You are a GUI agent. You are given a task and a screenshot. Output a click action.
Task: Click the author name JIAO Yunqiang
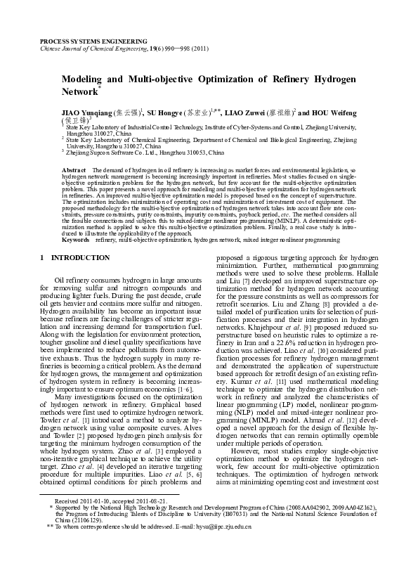(x=85, y=112)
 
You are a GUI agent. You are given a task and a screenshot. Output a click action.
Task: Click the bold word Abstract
(x=74, y=171)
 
